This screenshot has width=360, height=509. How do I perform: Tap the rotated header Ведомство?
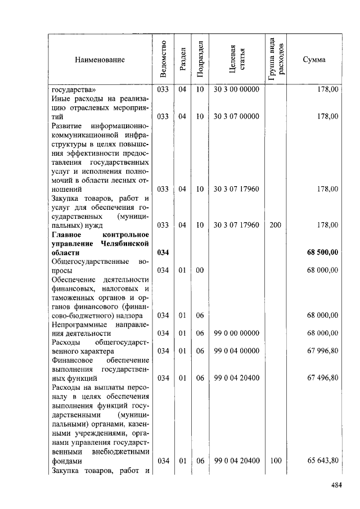point(163,60)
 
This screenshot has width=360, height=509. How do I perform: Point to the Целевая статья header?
point(236,60)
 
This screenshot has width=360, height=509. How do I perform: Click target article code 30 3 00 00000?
point(236,89)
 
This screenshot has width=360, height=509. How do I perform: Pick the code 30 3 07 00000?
point(236,116)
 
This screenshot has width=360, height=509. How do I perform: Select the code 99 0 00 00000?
point(236,333)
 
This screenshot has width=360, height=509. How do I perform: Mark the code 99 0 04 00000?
point(236,351)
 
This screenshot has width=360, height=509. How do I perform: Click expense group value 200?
point(276,225)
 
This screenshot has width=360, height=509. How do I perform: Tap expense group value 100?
point(276,460)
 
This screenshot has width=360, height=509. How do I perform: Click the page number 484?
point(335,485)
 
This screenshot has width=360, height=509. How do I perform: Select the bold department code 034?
point(163,252)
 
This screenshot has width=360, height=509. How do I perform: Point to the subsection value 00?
point(200,270)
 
